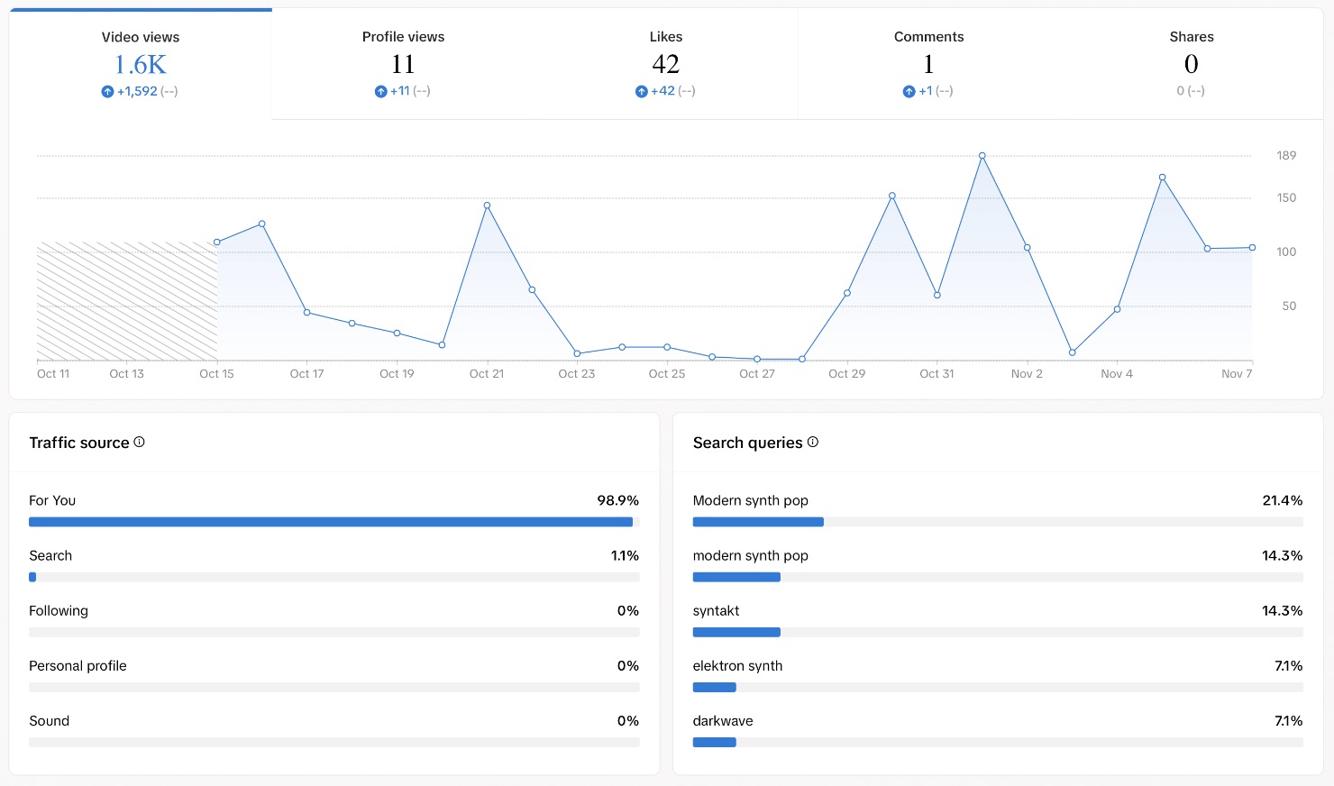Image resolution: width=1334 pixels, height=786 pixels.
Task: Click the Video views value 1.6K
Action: [141, 65]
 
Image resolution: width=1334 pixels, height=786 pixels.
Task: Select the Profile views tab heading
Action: [403, 37]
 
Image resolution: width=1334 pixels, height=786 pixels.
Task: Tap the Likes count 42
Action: [665, 64]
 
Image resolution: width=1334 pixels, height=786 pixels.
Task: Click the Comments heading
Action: [928, 37]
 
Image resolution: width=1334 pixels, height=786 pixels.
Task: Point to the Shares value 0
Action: [1191, 64]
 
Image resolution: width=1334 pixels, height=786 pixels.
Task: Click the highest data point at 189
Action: [982, 156]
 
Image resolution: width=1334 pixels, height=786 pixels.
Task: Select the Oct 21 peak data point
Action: [487, 206]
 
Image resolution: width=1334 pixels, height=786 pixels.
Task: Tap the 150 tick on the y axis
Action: [1286, 197]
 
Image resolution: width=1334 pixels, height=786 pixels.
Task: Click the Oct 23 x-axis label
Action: [577, 374]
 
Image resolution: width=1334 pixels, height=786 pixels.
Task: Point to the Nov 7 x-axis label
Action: [1237, 374]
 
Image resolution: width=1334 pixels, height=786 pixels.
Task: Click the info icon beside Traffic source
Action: [139, 442]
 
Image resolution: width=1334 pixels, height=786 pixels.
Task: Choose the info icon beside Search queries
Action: [813, 442]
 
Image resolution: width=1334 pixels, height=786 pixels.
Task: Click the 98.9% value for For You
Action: [617, 500]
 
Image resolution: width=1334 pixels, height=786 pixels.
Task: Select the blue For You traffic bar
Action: [331, 522]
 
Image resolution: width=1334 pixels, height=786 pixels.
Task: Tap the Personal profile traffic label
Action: [78, 666]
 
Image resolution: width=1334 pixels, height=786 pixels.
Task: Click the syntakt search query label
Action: [716, 611]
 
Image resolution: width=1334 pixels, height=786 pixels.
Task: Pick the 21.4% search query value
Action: [1282, 500]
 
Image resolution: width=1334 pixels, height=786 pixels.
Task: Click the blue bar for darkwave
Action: [714, 743]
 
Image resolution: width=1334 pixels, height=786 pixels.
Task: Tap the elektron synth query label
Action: [737, 666]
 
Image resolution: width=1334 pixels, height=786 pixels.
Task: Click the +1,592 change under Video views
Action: [137, 91]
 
